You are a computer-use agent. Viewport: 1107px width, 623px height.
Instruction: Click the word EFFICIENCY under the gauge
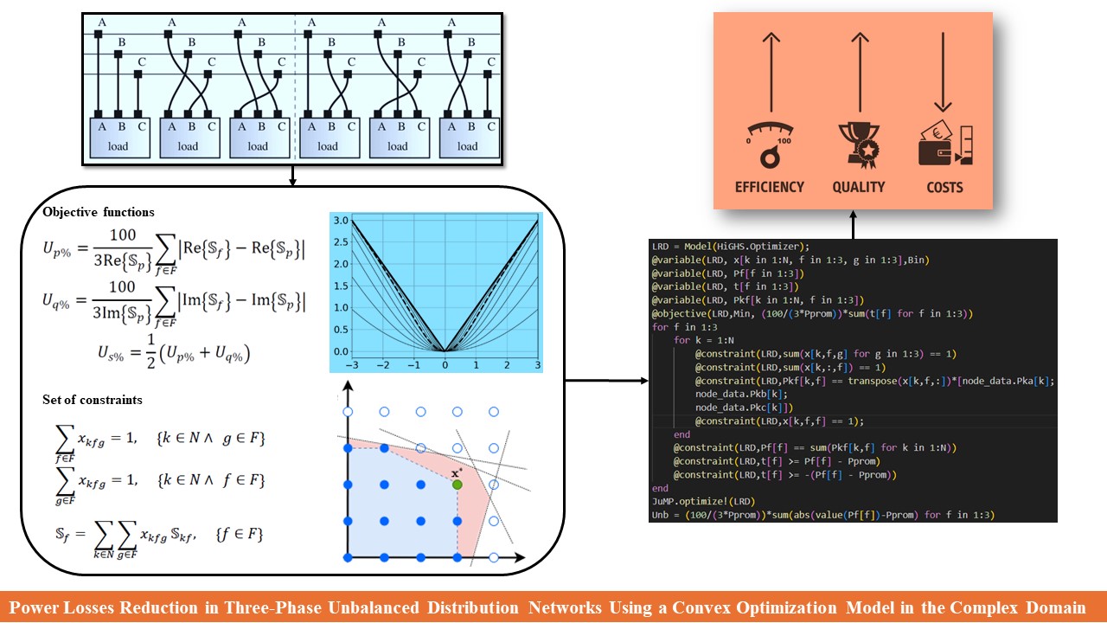[769, 187]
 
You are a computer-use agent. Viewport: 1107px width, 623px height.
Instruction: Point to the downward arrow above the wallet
[944, 74]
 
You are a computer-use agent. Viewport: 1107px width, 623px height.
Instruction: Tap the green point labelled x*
[458, 485]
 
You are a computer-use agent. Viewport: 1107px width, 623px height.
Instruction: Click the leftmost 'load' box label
[118, 146]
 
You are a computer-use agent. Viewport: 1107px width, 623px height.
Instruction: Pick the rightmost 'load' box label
[468, 146]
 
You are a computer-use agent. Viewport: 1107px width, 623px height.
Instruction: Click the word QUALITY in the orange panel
[858, 187]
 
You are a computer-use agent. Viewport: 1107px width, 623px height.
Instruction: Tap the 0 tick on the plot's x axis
[445, 367]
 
